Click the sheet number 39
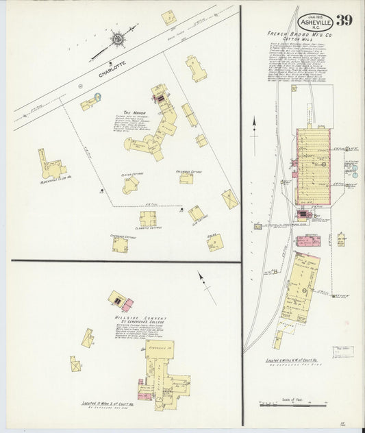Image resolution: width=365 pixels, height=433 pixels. [x=345, y=19]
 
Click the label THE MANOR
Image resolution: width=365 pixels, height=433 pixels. [x=132, y=113]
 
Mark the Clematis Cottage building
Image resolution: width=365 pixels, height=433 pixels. [x=148, y=219]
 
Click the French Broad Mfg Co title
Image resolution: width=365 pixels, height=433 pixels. [x=294, y=32]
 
